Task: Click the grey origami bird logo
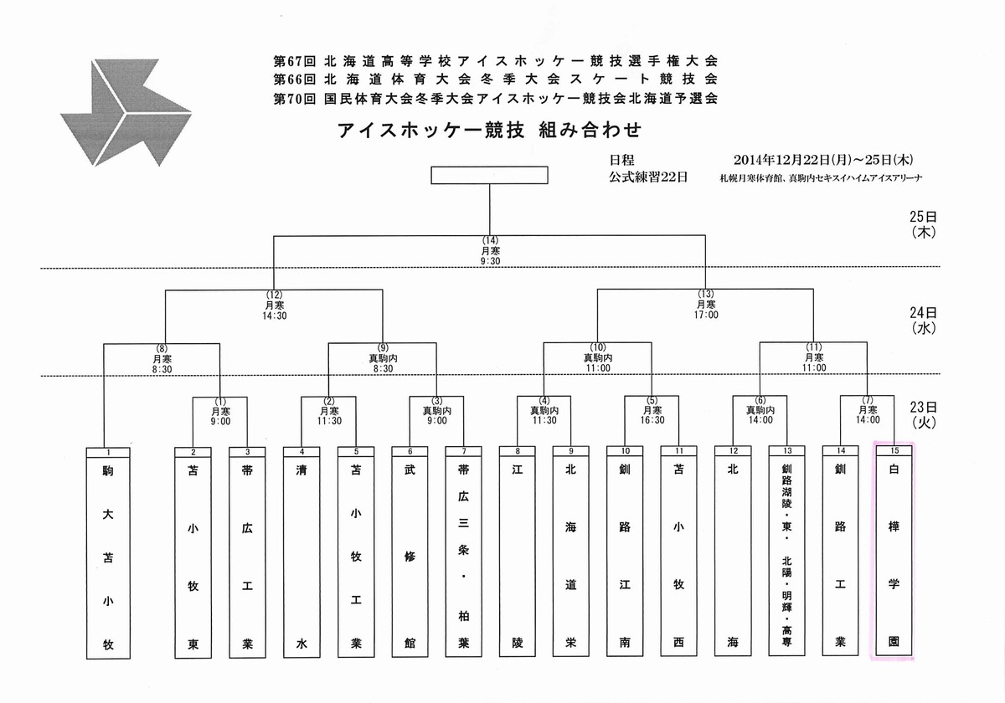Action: click(x=126, y=112)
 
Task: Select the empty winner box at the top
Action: click(x=489, y=175)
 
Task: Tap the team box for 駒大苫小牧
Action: click(x=108, y=553)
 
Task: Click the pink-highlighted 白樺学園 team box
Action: click(x=894, y=551)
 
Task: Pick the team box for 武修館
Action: click(x=410, y=552)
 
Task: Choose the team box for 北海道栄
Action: click(x=570, y=551)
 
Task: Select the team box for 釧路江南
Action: click(x=625, y=551)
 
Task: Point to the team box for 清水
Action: click(x=301, y=552)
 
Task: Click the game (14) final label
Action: click(x=490, y=241)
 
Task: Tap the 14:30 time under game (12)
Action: click(x=275, y=316)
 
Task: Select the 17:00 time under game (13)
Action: click(x=706, y=315)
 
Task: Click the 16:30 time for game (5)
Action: click(x=652, y=420)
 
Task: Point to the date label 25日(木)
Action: click(x=923, y=224)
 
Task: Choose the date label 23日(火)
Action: click(x=923, y=415)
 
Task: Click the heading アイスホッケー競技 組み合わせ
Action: click(x=489, y=130)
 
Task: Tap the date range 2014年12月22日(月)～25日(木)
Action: click(x=823, y=160)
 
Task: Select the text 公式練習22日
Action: click(x=648, y=177)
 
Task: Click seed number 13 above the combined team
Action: click(x=787, y=450)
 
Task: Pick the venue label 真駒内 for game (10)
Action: click(x=598, y=358)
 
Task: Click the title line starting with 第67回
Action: click(x=496, y=60)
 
